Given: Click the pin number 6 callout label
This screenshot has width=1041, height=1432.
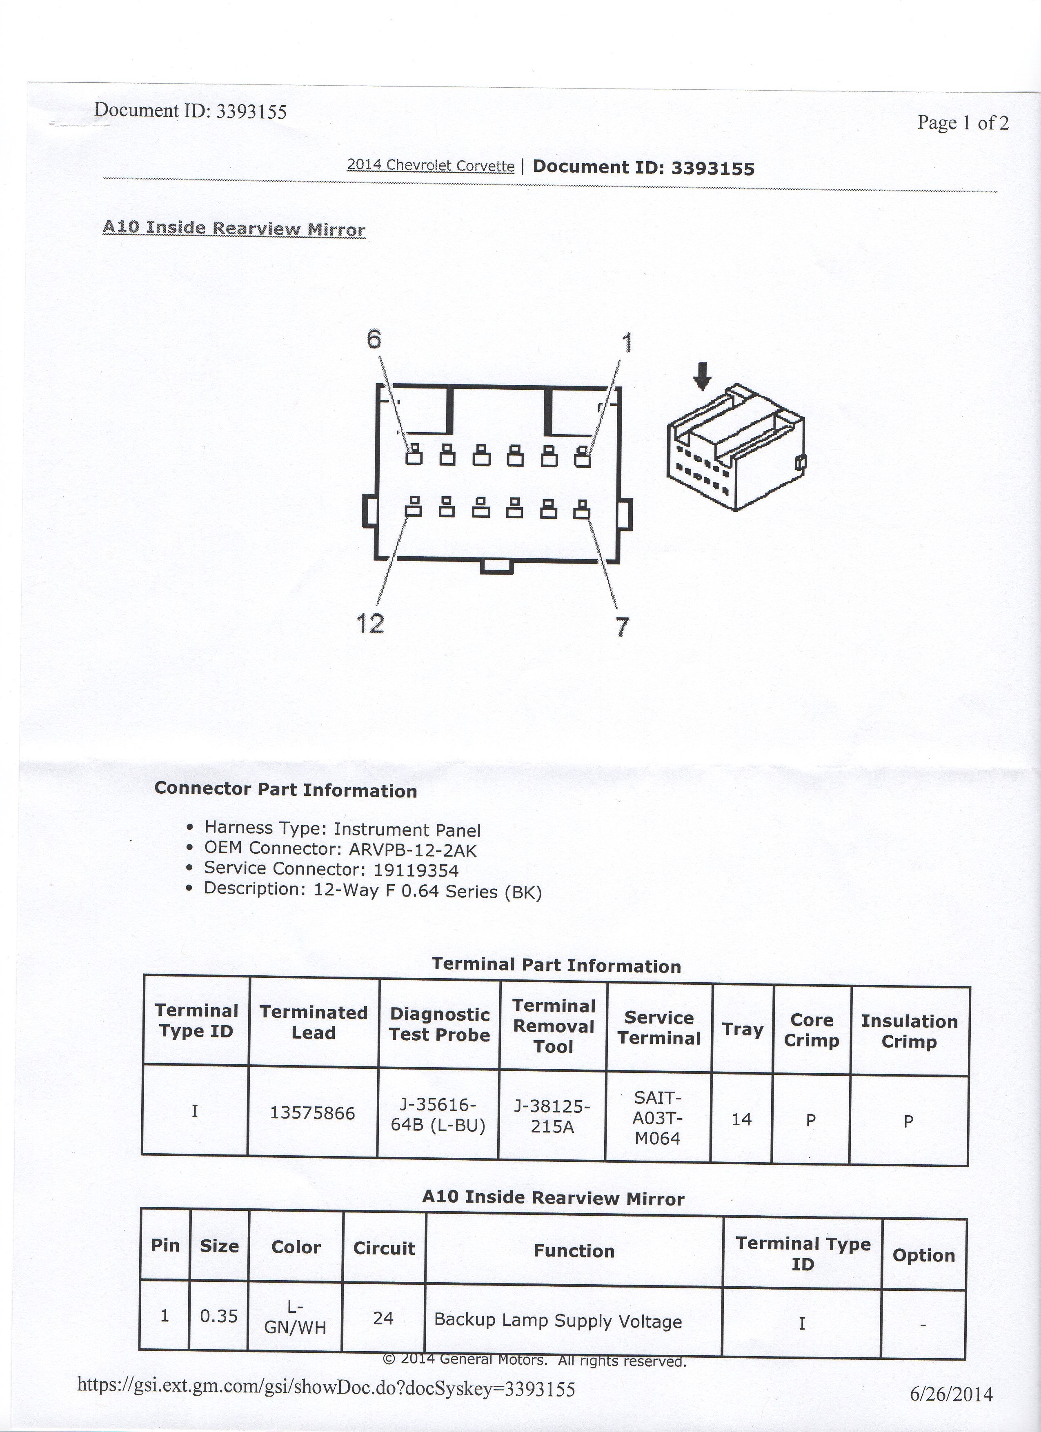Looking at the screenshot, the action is (x=374, y=340).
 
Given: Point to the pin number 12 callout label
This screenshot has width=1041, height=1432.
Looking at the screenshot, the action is (x=370, y=624).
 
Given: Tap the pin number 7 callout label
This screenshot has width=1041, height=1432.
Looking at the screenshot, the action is (x=622, y=627).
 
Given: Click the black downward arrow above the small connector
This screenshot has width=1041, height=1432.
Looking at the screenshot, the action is (x=702, y=380).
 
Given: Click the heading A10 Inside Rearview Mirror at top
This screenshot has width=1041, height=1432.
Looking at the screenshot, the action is (x=234, y=228).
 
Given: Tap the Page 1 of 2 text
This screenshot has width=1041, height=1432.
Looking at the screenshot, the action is (x=963, y=122).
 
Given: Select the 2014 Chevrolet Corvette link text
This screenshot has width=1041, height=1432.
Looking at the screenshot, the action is (x=431, y=165).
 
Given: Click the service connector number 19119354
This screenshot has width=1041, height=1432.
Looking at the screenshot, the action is (x=416, y=871).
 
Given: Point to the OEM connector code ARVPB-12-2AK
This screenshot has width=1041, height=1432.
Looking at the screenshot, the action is (x=412, y=850).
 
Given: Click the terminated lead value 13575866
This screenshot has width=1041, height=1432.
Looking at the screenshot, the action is (x=312, y=1112).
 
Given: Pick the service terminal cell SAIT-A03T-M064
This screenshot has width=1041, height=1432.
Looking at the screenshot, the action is (x=658, y=1118).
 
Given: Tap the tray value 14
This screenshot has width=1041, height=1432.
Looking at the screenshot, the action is (x=742, y=1119).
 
